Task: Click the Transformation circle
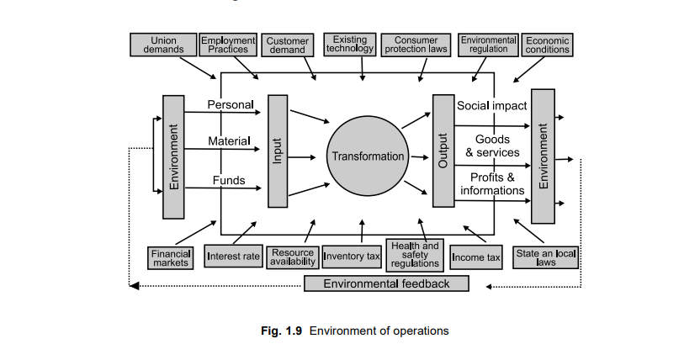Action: (368, 156)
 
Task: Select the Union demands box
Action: (163, 45)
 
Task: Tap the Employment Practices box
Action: (228, 45)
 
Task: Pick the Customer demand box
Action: (287, 45)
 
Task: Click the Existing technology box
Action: (349, 45)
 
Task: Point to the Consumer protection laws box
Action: (416, 45)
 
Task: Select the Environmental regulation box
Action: (488, 45)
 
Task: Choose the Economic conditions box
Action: (548, 45)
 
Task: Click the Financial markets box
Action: (171, 257)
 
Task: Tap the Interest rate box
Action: (234, 257)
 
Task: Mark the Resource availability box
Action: (292, 257)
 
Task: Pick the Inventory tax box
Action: (353, 257)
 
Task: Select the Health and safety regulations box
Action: (415, 255)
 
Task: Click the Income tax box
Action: (475, 257)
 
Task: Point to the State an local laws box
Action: (546, 257)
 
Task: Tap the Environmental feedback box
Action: (387, 283)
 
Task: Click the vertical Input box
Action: (278, 151)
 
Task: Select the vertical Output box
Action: (443, 151)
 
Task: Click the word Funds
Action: (228, 180)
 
